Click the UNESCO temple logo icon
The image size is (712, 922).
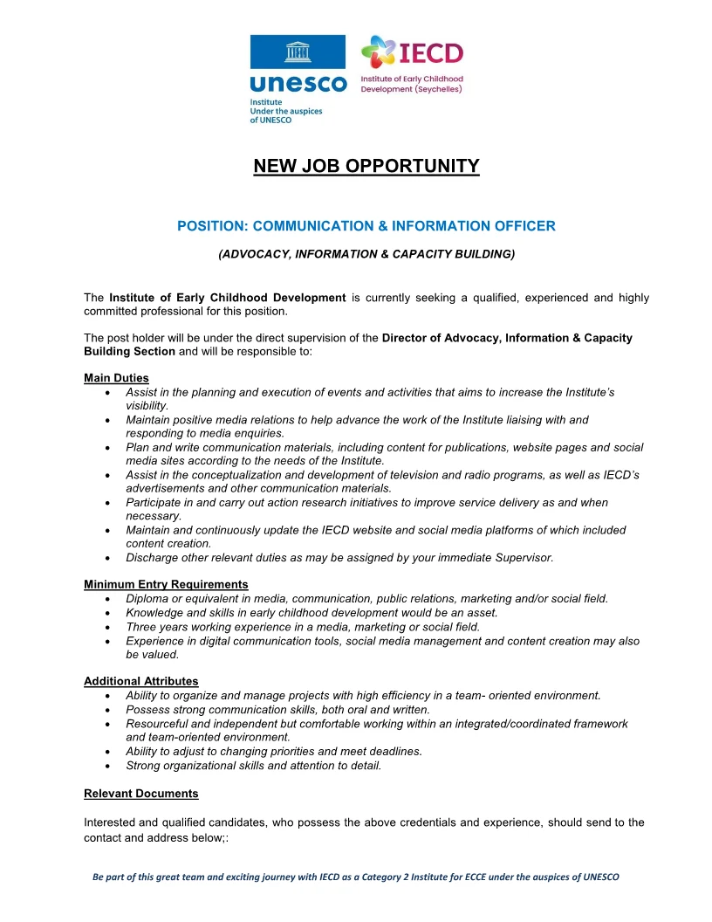pyautogui.click(x=298, y=52)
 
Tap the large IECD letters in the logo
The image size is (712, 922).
pyautogui.click(x=431, y=53)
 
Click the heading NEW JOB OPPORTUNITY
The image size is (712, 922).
pyautogui.click(x=366, y=166)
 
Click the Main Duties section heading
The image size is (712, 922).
pyautogui.click(x=116, y=378)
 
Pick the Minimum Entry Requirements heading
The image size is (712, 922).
pyautogui.click(x=166, y=584)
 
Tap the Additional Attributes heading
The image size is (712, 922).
pyautogui.click(x=140, y=681)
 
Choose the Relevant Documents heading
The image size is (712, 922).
pyautogui.click(x=140, y=794)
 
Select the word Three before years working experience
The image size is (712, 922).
pyautogui.click(x=142, y=627)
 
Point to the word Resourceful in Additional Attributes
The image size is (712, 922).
pyautogui.click(x=158, y=724)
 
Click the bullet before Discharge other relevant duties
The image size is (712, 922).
pyautogui.click(x=106, y=558)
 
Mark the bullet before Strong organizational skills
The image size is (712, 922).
pyautogui.click(x=106, y=766)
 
